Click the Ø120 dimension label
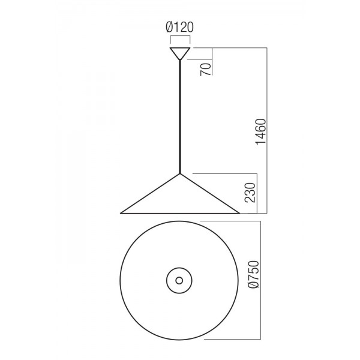[180, 28]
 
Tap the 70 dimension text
[206, 70]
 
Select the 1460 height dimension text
[261, 132]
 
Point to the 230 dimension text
[250, 193]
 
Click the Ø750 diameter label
[254, 274]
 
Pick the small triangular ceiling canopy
[180, 53]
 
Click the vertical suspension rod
[180, 116]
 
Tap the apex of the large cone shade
[180, 174]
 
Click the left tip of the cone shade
[121, 213]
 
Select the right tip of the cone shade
[239, 213]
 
